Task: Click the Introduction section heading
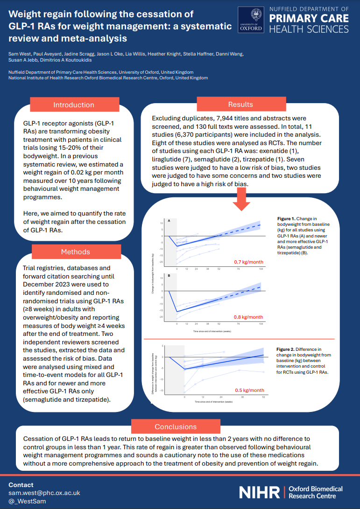point(74,105)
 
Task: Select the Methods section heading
point(76,252)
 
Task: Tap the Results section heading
point(240,105)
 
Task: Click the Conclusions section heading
point(176,426)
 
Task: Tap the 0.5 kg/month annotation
point(249,390)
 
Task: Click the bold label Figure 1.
point(286,218)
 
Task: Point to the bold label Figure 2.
point(286,349)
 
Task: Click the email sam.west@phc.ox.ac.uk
point(44,493)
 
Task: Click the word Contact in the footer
point(21,485)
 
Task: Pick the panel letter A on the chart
point(169,220)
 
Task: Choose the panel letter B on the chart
point(169,276)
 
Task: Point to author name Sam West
point(19,54)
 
